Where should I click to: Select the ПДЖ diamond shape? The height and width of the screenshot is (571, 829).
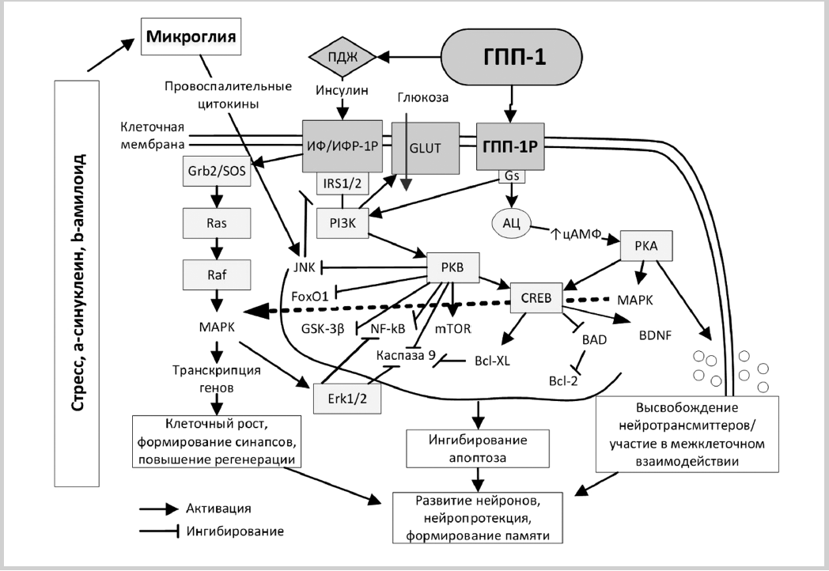343,57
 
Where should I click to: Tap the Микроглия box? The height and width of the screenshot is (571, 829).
191,37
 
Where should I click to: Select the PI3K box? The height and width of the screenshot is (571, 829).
341,224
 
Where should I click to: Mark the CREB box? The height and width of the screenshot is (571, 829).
536,297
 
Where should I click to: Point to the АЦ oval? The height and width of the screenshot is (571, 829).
510,222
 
